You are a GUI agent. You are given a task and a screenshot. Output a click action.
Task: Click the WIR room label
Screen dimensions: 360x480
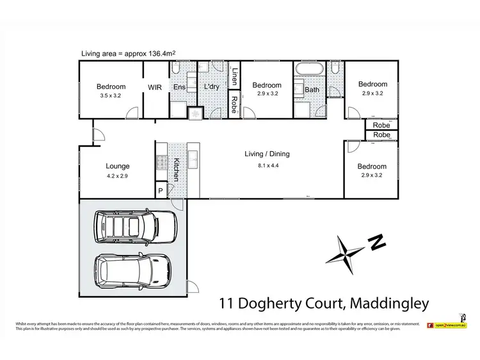pyautogui.click(x=156, y=86)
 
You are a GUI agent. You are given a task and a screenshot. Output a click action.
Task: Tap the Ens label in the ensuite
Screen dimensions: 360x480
pyautogui.click(x=180, y=86)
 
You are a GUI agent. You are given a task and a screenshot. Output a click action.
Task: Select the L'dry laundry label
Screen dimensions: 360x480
pyautogui.click(x=212, y=86)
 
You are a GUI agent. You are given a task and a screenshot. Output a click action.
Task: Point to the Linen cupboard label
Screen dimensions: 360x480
pyautogui.click(x=235, y=76)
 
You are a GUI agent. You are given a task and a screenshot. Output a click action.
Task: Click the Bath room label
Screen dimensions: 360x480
pyautogui.click(x=312, y=90)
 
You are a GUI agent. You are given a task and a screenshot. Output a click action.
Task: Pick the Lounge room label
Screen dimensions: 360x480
pyautogui.click(x=118, y=165)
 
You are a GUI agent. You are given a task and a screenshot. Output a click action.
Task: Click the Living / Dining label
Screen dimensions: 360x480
pyautogui.click(x=267, y=154)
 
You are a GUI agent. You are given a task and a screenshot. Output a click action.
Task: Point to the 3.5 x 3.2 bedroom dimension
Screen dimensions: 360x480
pyautogui.click(x=111, y=96)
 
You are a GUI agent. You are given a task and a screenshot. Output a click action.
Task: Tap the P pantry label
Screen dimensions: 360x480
pyautogui.click(x=161, y=191)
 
